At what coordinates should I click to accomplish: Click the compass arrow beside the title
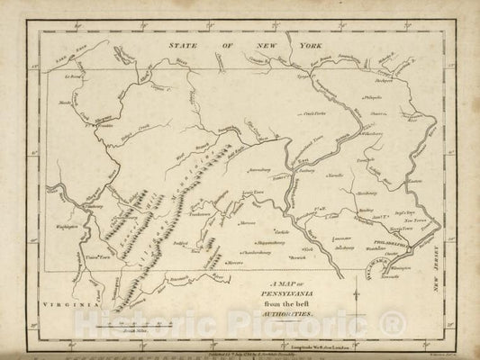tap(358, 293)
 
